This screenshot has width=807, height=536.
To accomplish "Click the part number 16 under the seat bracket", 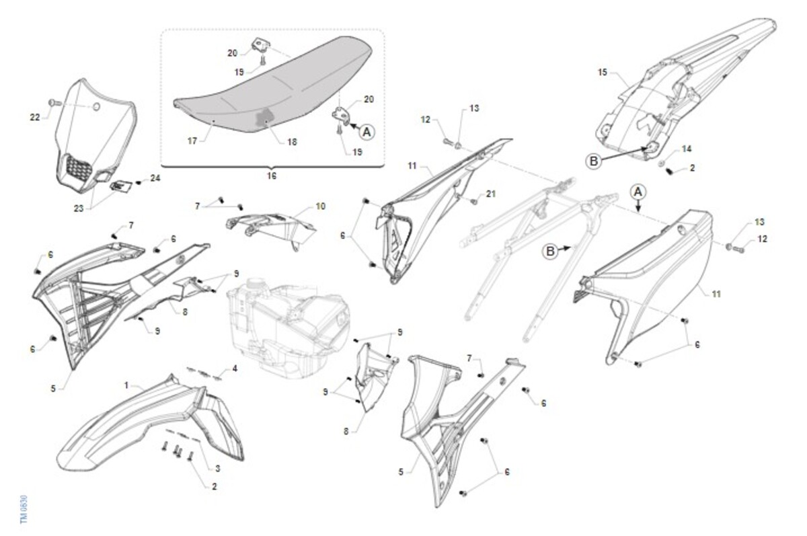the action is (271, 176).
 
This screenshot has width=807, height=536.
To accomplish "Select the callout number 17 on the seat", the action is (192, 141).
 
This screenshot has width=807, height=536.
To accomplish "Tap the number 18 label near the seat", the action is (292, 142).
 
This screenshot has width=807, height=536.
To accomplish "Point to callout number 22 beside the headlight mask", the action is (35, 117).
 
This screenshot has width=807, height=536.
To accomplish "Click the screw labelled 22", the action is (54, 103).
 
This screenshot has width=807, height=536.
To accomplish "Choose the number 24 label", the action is (155, 178).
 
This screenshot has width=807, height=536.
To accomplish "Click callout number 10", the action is (320, 206).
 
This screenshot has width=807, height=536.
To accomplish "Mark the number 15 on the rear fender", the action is (603, 73).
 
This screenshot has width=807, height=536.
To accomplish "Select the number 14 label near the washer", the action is (687, 149).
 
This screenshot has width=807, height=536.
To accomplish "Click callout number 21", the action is (491, 194).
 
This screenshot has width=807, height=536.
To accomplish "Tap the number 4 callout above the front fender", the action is (235, 369).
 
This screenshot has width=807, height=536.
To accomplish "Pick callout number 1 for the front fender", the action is (126, 386).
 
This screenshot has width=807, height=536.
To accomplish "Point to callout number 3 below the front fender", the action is (218, 469).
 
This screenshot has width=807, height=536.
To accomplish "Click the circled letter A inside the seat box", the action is (367, 132).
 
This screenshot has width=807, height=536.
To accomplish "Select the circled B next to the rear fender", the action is (594, 161).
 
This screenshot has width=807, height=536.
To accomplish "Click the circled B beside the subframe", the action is (550, 251).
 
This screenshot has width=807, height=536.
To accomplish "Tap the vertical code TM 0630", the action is (24, 510).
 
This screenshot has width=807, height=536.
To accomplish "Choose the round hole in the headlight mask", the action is (97, 107).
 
